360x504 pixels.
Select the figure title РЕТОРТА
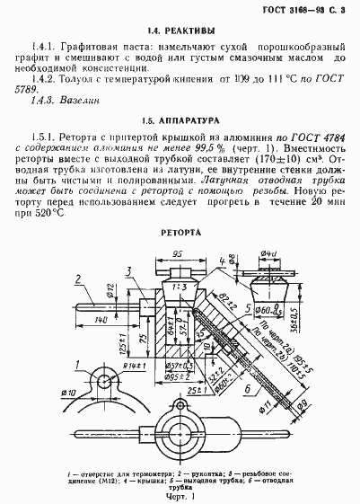tap(180, 231)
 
